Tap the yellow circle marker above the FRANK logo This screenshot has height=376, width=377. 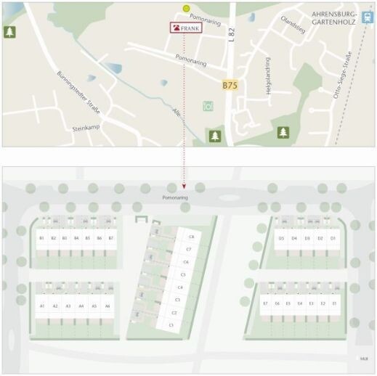point(187,9)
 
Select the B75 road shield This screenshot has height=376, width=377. point(230,85)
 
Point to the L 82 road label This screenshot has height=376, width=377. point(231,34)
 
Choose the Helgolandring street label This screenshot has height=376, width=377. point(268,74)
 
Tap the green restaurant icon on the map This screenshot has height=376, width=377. point(208,106)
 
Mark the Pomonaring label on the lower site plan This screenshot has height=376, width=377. point(175,196)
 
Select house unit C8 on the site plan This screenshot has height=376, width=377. point(191,237)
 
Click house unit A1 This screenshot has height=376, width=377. point(42,306)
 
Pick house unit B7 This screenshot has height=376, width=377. point(110,238)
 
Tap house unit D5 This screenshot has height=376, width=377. point(281,238)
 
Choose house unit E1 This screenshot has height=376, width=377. point(333,303)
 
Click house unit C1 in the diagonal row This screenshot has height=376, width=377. point(171,325)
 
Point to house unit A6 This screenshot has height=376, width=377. point(107,306)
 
